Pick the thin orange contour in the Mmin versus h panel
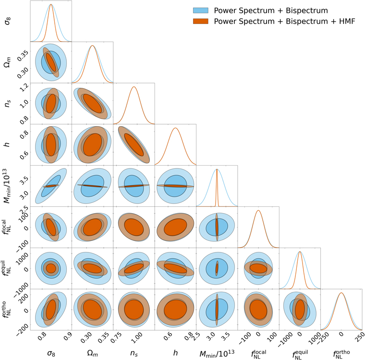[x=175, y=186]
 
